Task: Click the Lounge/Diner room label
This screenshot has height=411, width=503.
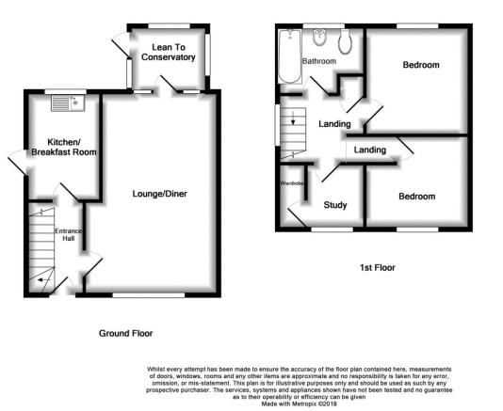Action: point(160,194)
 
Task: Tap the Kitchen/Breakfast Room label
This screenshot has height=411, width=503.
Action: point(64,147)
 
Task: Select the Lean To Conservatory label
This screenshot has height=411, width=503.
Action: point(169,53)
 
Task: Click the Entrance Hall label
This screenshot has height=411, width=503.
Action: point(69,234)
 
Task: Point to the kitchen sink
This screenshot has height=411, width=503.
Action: point(68,103)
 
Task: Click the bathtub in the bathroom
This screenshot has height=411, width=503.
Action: point(290,56)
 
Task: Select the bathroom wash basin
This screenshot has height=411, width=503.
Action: point(320,38)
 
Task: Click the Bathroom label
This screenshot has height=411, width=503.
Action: point(319,61)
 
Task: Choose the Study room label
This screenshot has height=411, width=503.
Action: point(335,205)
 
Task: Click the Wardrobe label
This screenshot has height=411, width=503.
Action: point(292,183)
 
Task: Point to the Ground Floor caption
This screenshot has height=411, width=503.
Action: point(126,334)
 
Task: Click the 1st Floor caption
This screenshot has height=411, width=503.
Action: point(377,267)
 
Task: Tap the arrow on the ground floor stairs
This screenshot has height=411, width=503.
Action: point(44,280)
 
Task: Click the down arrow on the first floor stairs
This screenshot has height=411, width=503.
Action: point(293,118)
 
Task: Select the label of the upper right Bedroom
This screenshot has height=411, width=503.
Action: point(421,65)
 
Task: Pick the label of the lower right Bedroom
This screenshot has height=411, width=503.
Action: point(416,197)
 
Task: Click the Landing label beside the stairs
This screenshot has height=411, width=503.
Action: point(334,124)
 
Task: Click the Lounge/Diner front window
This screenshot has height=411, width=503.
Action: point(149,294)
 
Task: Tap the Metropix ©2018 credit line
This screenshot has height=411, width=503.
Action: point(299,404)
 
